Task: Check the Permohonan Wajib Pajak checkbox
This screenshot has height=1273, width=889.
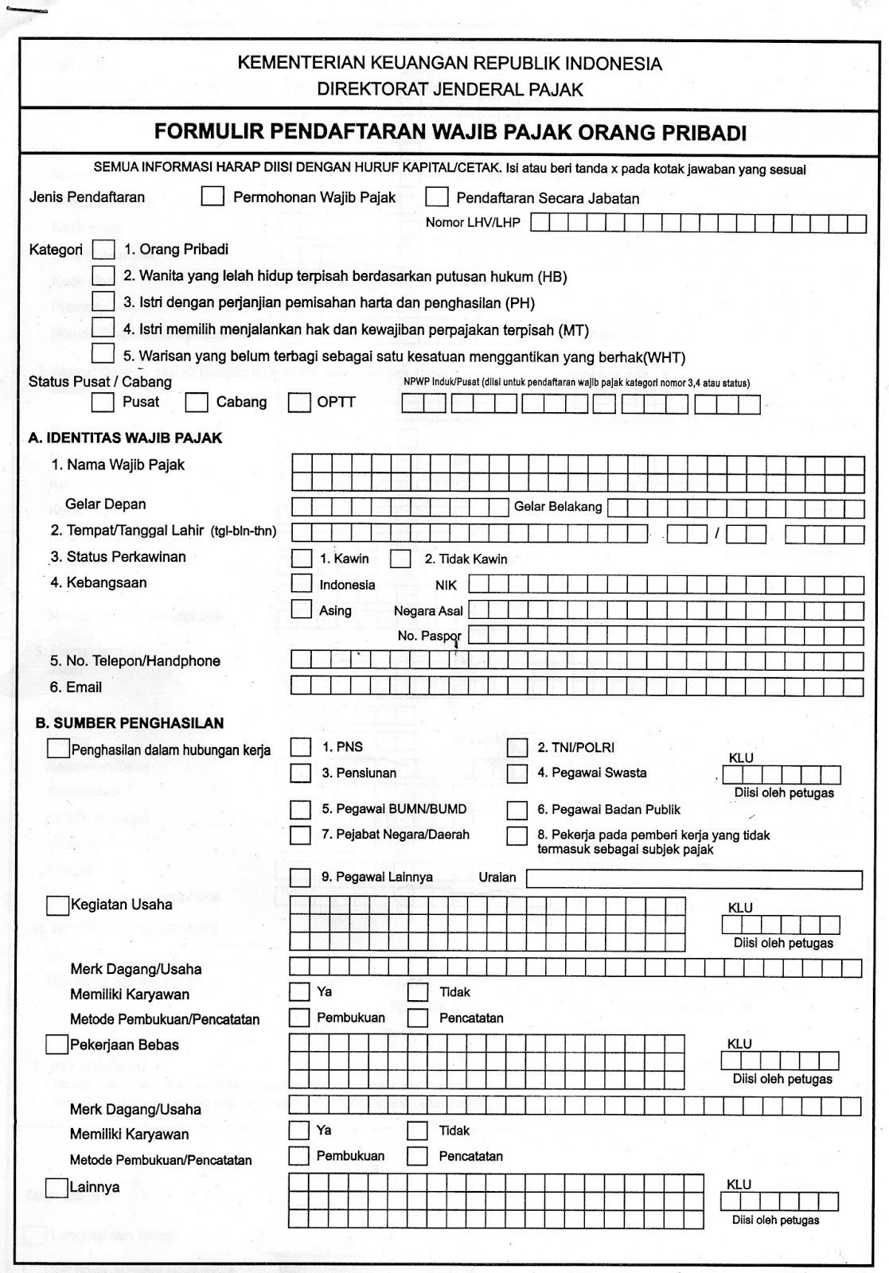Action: point(213,197)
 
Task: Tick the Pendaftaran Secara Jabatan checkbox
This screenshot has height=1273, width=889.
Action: point(437,197)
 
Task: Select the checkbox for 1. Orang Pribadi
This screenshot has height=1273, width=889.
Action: point(103,250)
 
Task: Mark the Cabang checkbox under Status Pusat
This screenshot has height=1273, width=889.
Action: point(197,403)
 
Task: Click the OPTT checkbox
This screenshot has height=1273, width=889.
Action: point(299,403)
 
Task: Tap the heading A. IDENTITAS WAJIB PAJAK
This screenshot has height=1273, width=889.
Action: point(125,438)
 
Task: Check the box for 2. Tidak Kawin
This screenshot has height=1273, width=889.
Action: point(400,559)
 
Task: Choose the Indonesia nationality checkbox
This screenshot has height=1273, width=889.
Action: point(302,584)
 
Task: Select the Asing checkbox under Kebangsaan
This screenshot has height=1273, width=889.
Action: point(302,609)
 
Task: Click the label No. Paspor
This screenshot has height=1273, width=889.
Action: point(429,636)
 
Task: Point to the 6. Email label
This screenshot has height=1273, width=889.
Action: point(76,687)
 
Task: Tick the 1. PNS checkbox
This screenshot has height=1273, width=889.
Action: point(301,747)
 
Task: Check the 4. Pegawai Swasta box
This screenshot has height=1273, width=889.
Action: point(517,773)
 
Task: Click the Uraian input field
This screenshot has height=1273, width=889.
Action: point(694,878)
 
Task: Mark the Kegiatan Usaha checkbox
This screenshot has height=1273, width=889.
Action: point(57,905)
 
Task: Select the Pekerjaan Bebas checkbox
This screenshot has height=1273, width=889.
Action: point(57,1045)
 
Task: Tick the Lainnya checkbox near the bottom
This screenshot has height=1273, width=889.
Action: point(57,1188)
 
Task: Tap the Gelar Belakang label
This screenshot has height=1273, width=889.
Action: point(558,507)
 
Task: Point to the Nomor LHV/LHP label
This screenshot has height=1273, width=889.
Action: point(473,223)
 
